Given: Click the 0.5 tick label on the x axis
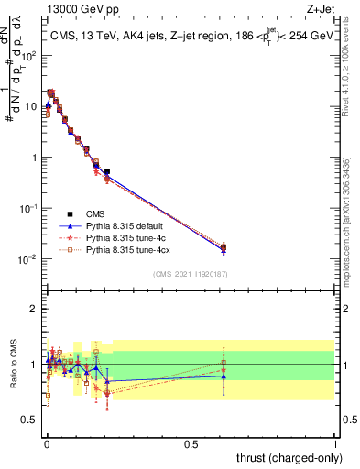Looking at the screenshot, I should click(191, 443).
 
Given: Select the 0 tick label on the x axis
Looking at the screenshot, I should click(47, 443).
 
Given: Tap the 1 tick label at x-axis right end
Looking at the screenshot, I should click(335, 443).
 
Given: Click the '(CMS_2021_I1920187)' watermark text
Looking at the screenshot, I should click(191, 273).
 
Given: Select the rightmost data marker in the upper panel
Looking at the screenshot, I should click(224, 247).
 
